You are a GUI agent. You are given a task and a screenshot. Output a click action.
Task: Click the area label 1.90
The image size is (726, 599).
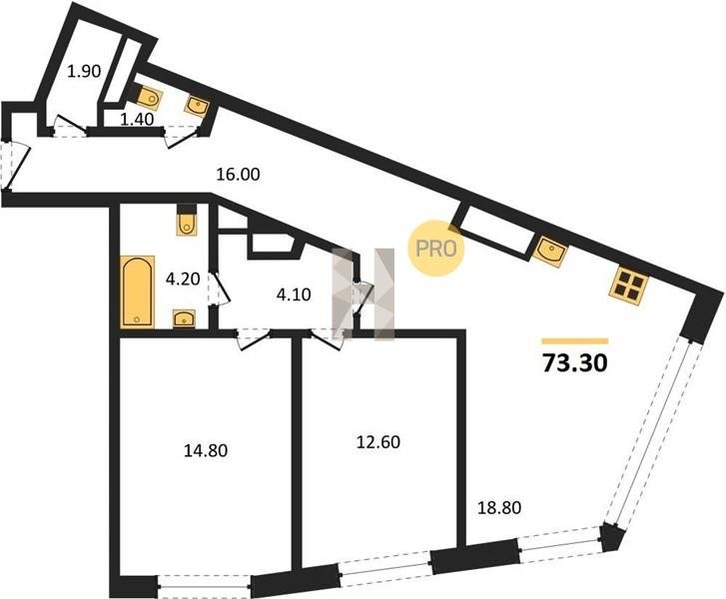pyautogui.click(x=84, y=72)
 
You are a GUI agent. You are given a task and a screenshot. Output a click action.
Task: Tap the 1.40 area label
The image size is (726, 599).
pyautogui.click(x=137, y=120)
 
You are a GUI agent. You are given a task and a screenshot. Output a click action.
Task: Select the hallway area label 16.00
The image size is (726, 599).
pyautogui.click(x=239, y=175)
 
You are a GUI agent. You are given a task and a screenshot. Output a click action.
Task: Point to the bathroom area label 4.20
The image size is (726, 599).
pyautogui.click(x=183, y=280)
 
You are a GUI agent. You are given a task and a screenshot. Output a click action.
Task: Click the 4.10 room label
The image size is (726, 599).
pyautogui.click(x=294, y=295)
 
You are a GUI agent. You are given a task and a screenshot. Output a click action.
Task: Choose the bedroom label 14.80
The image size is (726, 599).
pyautogui.click(x=206, y=450)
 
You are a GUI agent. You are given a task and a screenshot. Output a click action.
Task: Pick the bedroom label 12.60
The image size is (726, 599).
pyautogui.click(x=378, y=442)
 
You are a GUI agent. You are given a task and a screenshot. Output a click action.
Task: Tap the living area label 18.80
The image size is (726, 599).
pyautogui.click(x=499, y=508)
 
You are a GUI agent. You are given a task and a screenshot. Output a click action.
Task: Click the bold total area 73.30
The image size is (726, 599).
pyautogui.click(x=574, y=363)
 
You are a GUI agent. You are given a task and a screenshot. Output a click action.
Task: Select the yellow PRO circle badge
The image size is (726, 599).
pyautogui.click(x=435, y=249)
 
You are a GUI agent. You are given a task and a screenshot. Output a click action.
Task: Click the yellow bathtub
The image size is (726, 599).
pyautogui.click(x=137, y=293)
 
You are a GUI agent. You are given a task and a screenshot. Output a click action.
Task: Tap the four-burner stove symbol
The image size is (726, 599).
pyautogui.click(x=628, y=286)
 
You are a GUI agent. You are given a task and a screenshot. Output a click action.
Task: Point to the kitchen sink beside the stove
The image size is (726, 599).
pyautogui.click(x=550, y=251)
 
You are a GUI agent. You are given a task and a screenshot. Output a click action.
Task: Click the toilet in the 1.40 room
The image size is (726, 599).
pyautogui.click(x=148, y=96)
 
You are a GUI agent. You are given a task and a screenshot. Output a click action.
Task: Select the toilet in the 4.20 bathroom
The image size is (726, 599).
pyautogui.click(x=187, y=221)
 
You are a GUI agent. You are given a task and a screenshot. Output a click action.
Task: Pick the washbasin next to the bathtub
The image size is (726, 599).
pyautogui.click(x=185, y=318)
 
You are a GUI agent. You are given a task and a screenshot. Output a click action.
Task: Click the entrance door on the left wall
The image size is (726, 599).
pyautogui.click(x=15, y=167)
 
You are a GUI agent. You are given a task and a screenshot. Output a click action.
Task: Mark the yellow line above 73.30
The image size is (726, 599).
pyautogui.click(x=574, y=341)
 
